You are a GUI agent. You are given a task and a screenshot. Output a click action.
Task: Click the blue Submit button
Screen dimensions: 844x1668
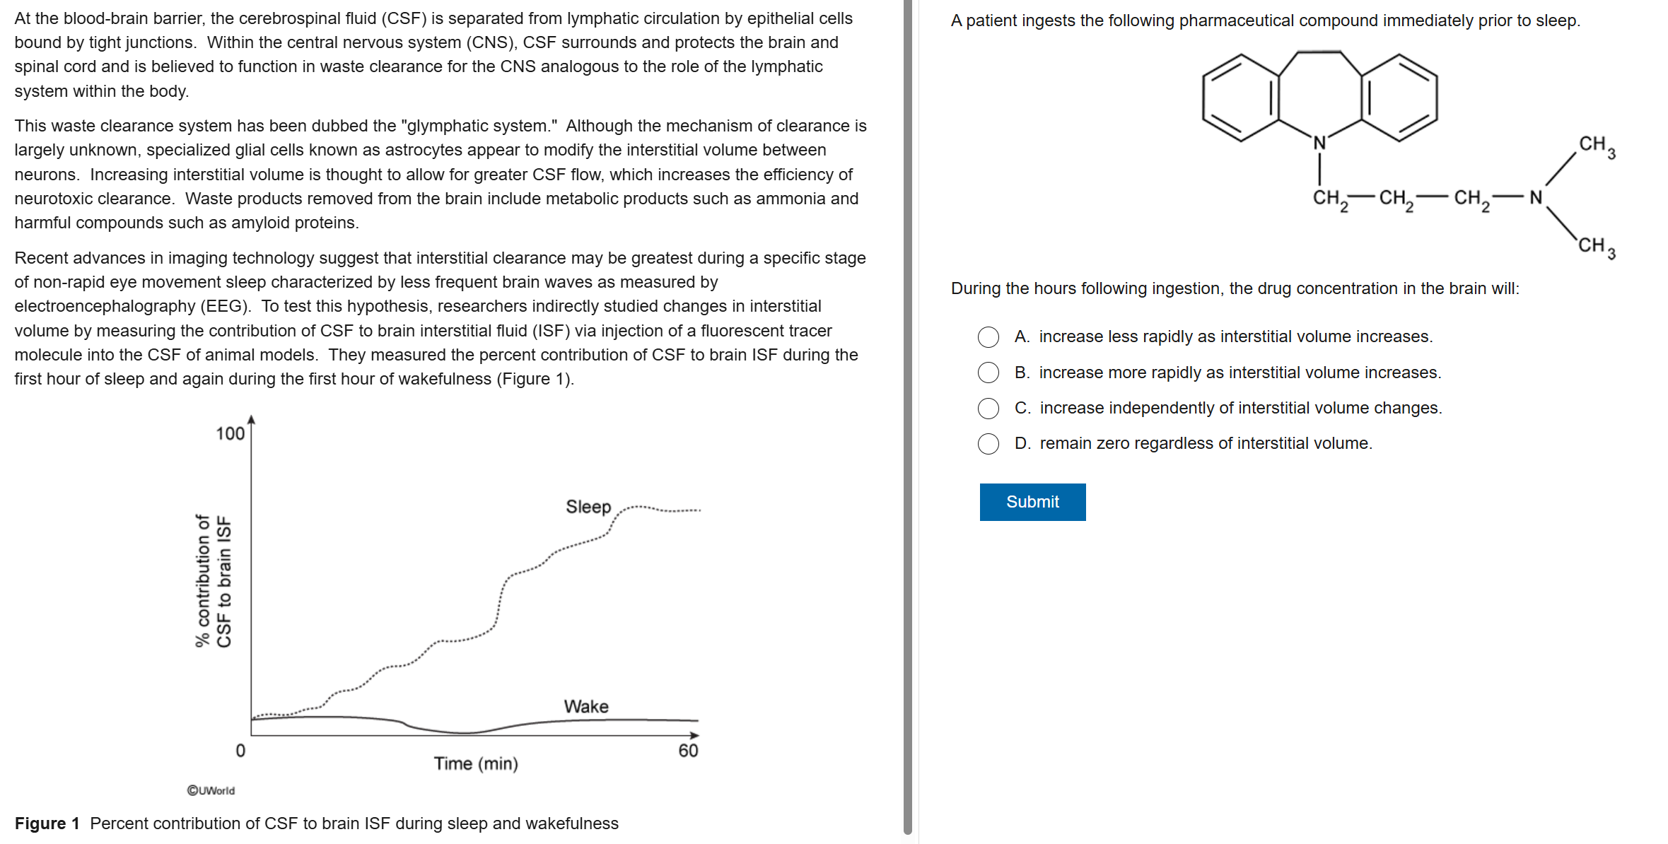pyautogui.click(x=1032, y=502)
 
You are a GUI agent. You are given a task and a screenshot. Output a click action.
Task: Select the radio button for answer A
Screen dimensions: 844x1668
pyautogui.click(x=988, y=337)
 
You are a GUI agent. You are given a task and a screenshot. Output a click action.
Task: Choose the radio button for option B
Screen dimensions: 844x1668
pyautogui.click(x=988, y=373)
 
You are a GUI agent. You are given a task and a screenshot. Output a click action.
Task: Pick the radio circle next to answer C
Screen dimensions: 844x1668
pyautogui.click(x=988, y=408)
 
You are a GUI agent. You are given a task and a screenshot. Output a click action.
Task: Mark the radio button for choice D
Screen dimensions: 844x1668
pyautogui.click(x=988, y=444)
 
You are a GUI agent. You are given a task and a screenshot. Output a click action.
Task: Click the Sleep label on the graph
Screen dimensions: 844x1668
pyautogui.click(x=588, y=507)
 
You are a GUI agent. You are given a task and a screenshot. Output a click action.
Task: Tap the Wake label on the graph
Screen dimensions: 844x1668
pyautogui.click(x=585, y=706)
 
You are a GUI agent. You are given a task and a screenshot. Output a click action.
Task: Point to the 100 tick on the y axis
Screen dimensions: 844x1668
pyautogui.click(x=230, y=433)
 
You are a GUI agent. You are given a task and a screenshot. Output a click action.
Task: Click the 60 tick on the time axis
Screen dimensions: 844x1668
pyautogui.click(x=688, y=751)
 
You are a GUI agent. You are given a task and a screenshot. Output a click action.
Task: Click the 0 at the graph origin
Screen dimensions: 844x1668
pyautogui.click(x=240, y=751)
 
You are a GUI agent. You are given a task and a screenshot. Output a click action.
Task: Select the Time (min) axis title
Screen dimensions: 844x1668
pyautogui.click(x=476, y=763)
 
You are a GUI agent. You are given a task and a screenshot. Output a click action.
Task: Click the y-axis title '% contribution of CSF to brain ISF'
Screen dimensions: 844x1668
pyautogui.click(x=214, y=580)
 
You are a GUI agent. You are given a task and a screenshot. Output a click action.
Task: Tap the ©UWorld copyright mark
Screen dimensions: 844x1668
pyautogui.click(x=211, y=790)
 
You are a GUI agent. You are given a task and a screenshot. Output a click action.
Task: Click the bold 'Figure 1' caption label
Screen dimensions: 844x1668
pyautogui.click(x=47, y=824)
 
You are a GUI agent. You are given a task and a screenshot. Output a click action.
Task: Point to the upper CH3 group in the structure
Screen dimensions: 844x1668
pyautogui.click(x=1597, y=146)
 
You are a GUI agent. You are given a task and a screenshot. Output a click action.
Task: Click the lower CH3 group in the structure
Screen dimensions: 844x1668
pyautogui.click(x=1597, y=247)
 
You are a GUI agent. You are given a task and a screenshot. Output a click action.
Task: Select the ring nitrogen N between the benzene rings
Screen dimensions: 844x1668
pyautogui.click(x=1319, y=143)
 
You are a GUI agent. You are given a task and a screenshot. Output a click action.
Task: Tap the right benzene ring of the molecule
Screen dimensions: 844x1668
pyautogui.click(x=1399, y=98)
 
